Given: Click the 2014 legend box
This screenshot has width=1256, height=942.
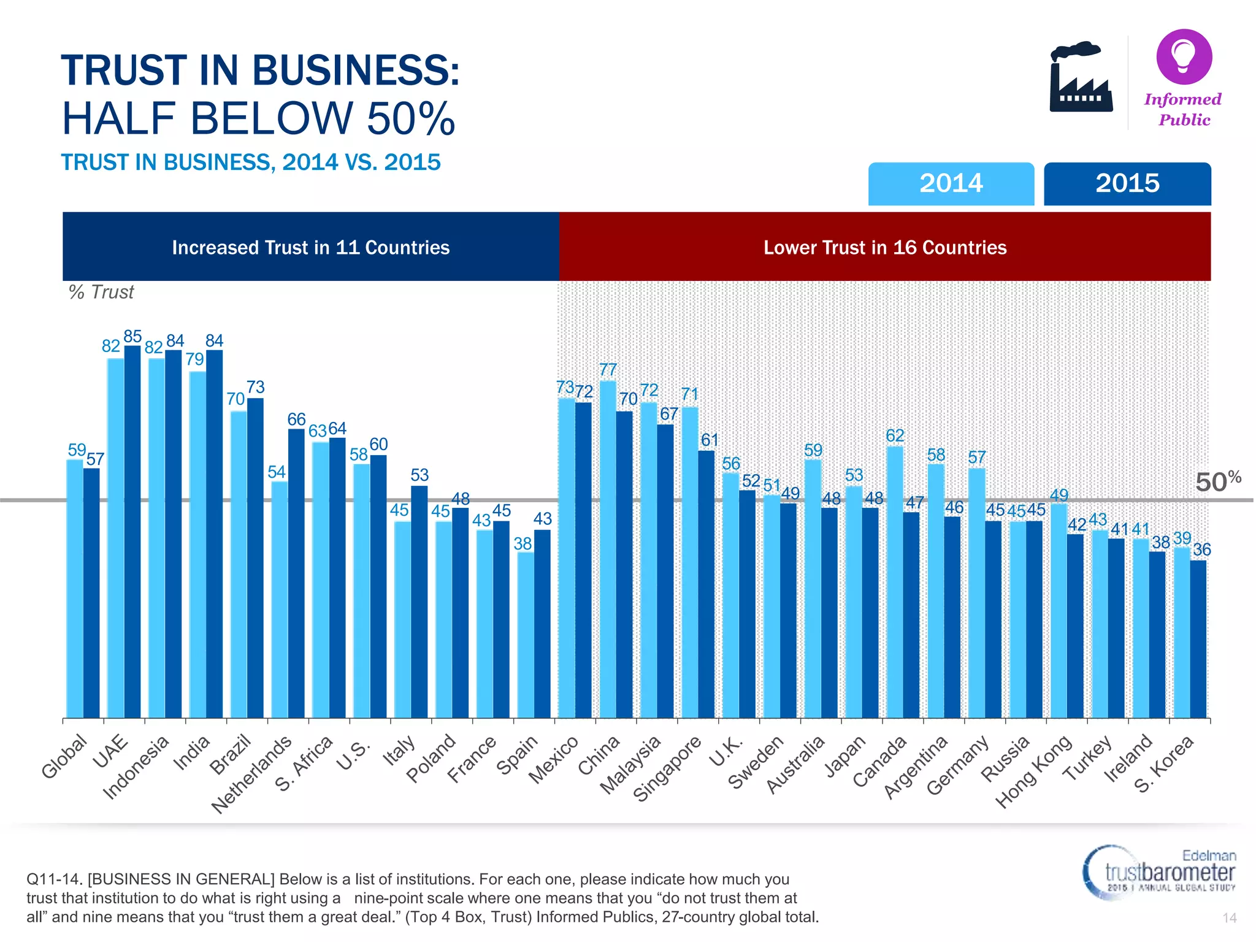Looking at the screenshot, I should coord(951,183).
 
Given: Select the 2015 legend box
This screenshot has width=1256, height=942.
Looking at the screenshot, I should coord(1127,183).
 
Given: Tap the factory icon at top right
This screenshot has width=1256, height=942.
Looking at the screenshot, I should coord(1081,78).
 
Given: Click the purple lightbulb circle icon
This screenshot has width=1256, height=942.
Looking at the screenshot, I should coord(1184,56).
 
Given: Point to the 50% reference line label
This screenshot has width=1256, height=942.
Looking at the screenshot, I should coord(1217,481).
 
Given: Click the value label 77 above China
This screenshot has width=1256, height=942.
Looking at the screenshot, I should coord(608,369).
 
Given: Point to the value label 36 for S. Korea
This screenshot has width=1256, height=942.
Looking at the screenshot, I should coord(1202,549).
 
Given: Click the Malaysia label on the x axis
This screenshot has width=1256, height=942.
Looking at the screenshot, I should coord(630,764).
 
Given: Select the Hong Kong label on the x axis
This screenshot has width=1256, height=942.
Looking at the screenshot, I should coord(1033,772).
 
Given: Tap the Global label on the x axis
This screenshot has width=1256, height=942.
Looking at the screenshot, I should coord(64,756).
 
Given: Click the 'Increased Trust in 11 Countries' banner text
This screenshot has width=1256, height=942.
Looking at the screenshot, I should coord(310,247).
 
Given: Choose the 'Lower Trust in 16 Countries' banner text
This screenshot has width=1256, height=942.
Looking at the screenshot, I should coord(884,247).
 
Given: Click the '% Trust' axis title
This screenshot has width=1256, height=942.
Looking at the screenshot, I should coord(101,292).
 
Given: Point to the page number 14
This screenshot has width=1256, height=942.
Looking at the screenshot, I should coord(1229,917).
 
